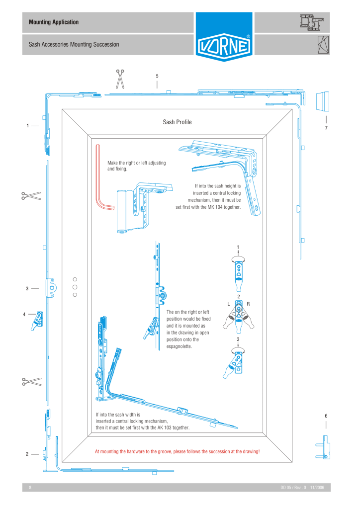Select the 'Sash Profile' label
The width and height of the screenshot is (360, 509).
[x=177, y=122]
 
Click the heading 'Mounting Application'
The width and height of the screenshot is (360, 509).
[x=54, y=22]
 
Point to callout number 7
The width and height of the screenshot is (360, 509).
[x=326, y=128]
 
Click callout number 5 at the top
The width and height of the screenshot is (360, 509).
[x=157, y=76]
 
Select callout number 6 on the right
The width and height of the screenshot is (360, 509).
[x=326, y=416]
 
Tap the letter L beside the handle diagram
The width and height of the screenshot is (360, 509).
[x=228, y=304]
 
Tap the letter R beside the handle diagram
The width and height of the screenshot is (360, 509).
[x=248, y=304]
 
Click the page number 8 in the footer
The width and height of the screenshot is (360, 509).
[x=30, y=488]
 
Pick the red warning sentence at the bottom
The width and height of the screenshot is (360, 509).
[x=177, y=452]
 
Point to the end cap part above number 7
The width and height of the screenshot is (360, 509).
[x=324, y=101]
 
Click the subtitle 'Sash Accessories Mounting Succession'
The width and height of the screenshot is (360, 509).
[x=74, y=45]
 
